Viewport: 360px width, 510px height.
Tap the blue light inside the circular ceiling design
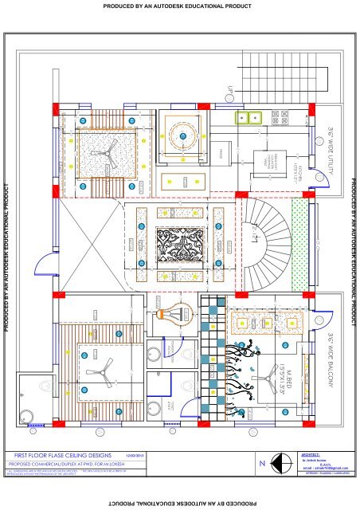(x=182, y=136)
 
